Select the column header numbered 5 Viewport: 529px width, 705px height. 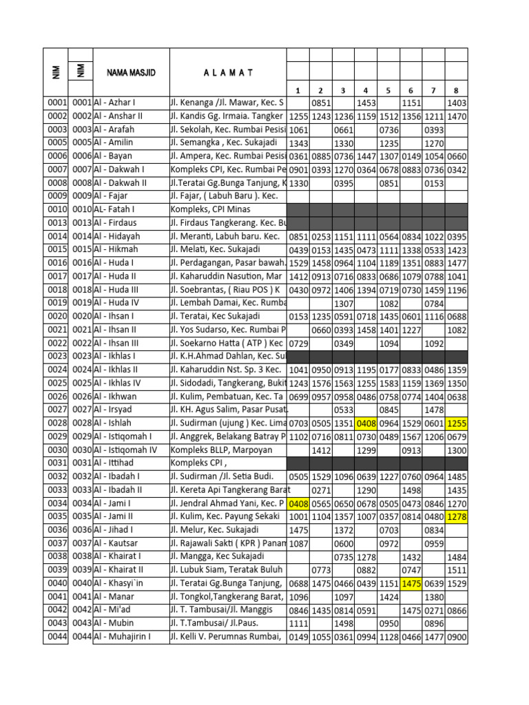tap(388, 90)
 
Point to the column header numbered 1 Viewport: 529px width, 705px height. tap(298, 90)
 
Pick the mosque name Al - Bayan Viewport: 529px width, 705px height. tap(113, 156)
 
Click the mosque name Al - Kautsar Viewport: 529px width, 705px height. tap(116, 543)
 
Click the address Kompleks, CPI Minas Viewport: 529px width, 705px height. tap(210, 209)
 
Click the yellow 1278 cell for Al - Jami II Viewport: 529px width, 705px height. tap(457, 517)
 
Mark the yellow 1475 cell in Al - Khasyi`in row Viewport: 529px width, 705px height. tap(411, 584)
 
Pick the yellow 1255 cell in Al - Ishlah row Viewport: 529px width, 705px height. tap(457, 423)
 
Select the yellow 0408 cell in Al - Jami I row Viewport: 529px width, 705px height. tap(298, 504)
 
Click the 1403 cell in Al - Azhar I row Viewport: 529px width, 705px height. tap(457, 103)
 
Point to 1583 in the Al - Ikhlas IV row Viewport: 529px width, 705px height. tap(388, 383)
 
